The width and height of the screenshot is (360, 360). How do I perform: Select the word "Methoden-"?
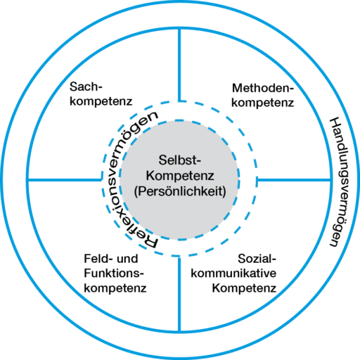(x=262, y=88)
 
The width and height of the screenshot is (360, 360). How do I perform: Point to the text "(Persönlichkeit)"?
(x=180, y=189)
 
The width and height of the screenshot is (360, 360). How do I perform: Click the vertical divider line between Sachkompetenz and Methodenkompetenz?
(x=180, y=63)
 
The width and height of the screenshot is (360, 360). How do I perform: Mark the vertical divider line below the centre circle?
(x=180, y=295)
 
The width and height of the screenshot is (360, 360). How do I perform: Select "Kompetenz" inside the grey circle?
(x=180, y=174)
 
